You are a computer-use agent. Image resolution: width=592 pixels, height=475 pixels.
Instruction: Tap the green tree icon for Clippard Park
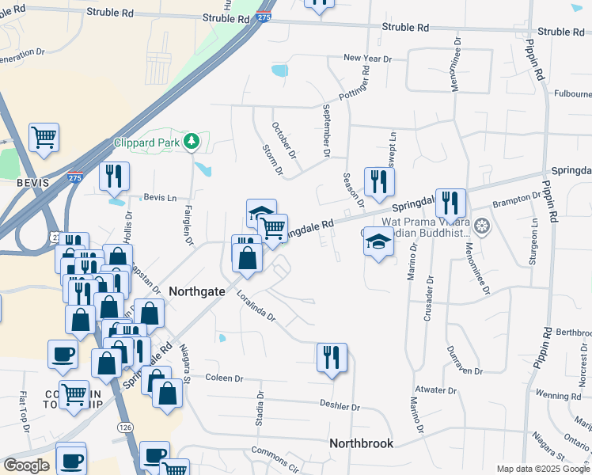click(191, 142)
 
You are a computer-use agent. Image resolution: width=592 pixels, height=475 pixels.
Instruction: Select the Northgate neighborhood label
click(196, 291)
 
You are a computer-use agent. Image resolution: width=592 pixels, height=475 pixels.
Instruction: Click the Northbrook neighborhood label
click(361, 443)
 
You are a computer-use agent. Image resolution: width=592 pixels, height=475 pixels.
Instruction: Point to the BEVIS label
click(32, 182)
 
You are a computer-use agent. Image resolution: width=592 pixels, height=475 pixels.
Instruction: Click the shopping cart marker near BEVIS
click(44, 137)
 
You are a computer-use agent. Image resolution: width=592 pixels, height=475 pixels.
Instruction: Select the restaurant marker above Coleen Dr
click(332, 357)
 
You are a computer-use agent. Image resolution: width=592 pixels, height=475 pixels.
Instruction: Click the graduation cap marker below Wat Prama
click(379, 241)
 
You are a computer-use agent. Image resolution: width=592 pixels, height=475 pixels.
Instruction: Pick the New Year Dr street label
click(367, 58)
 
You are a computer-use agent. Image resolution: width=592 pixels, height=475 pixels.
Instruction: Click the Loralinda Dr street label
click(256, 306)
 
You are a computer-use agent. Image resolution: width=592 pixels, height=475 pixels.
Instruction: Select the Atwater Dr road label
click(436, 389)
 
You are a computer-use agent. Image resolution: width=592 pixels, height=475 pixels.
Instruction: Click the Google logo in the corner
click(26, 465)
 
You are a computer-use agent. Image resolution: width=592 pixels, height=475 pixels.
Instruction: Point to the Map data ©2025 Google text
click(543, 469)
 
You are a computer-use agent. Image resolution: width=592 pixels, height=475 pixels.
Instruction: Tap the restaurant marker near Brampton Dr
click(450, 203)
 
